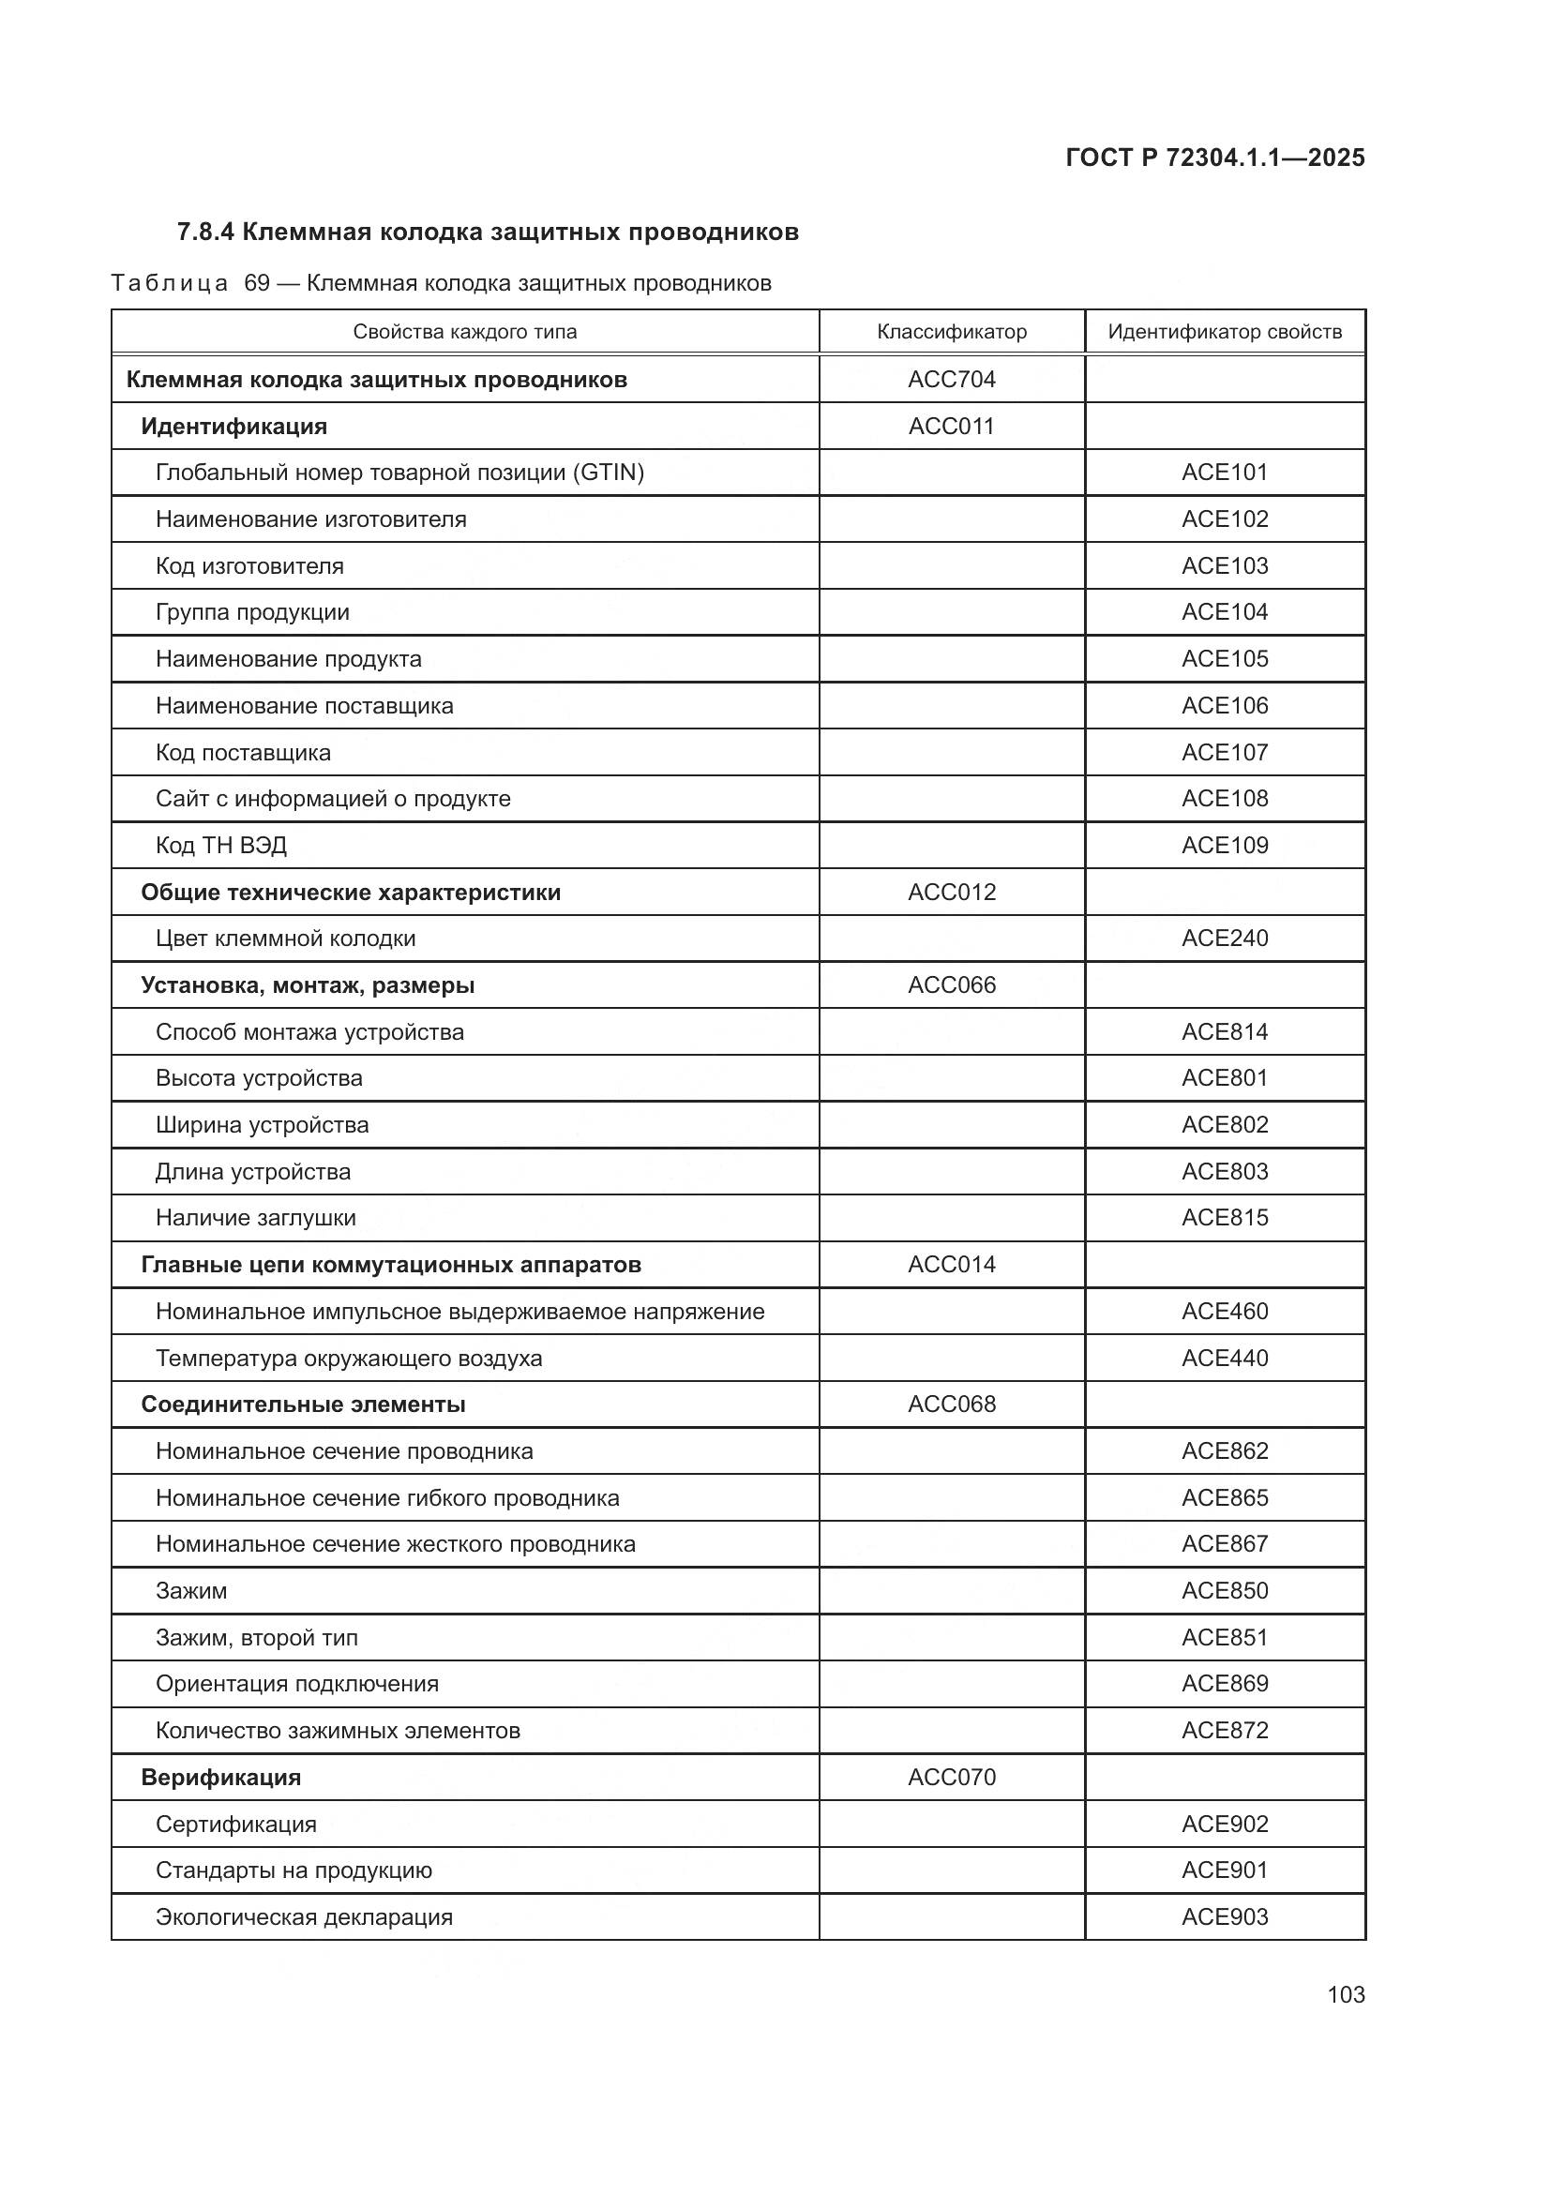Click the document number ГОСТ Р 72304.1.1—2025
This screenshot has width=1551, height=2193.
pyautogui.click(x=1213, y=158)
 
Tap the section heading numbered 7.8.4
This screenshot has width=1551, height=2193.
pyautogui.click(x=487, y=233)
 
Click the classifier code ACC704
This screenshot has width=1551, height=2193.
pyautogui.click(x=951, y=379)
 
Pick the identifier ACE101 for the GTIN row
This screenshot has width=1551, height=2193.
pyautogui.click(x=1225, y=472)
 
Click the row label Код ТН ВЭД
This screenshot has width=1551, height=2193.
pyautogui.click(x=220, y=846)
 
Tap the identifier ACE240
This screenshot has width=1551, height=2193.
pyautogui.click(x=1225, y=938)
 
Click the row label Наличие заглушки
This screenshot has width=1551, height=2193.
pyautogui.click(x=255, y=1218)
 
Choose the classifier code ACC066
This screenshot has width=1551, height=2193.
pyautogui.click(x=951, y=984)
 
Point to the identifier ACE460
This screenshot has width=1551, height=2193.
pyautogui.click(x=1225, y=1312)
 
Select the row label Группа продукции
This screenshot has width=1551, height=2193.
pyautogui.click(x=252, y=612)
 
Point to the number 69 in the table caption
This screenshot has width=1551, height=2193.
pyautogui.click(x=257, y=283)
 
